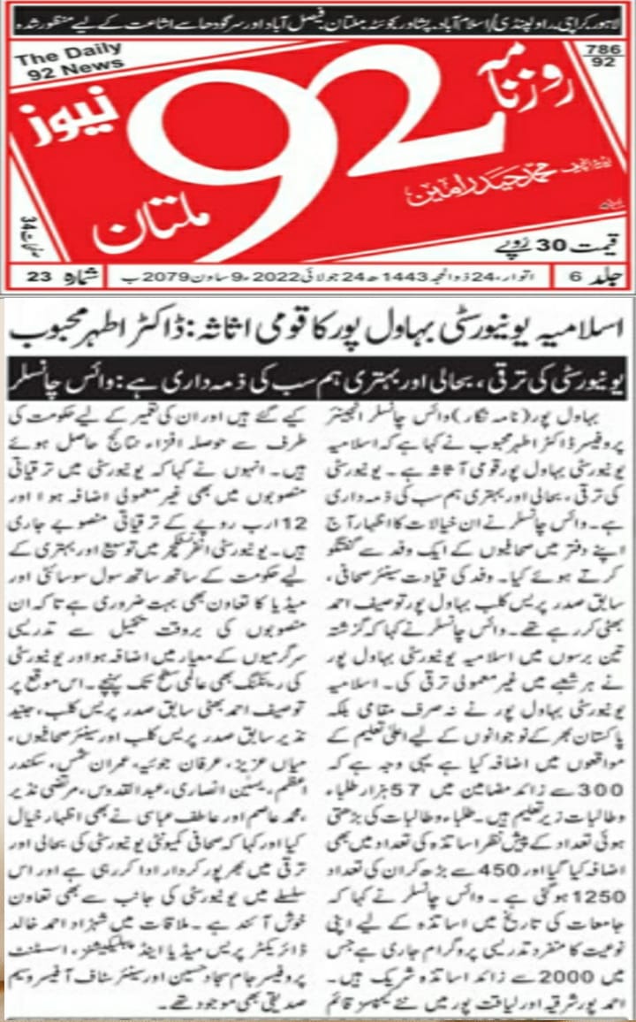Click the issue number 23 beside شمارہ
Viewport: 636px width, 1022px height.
pyautogui.click(x=40, y=277)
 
